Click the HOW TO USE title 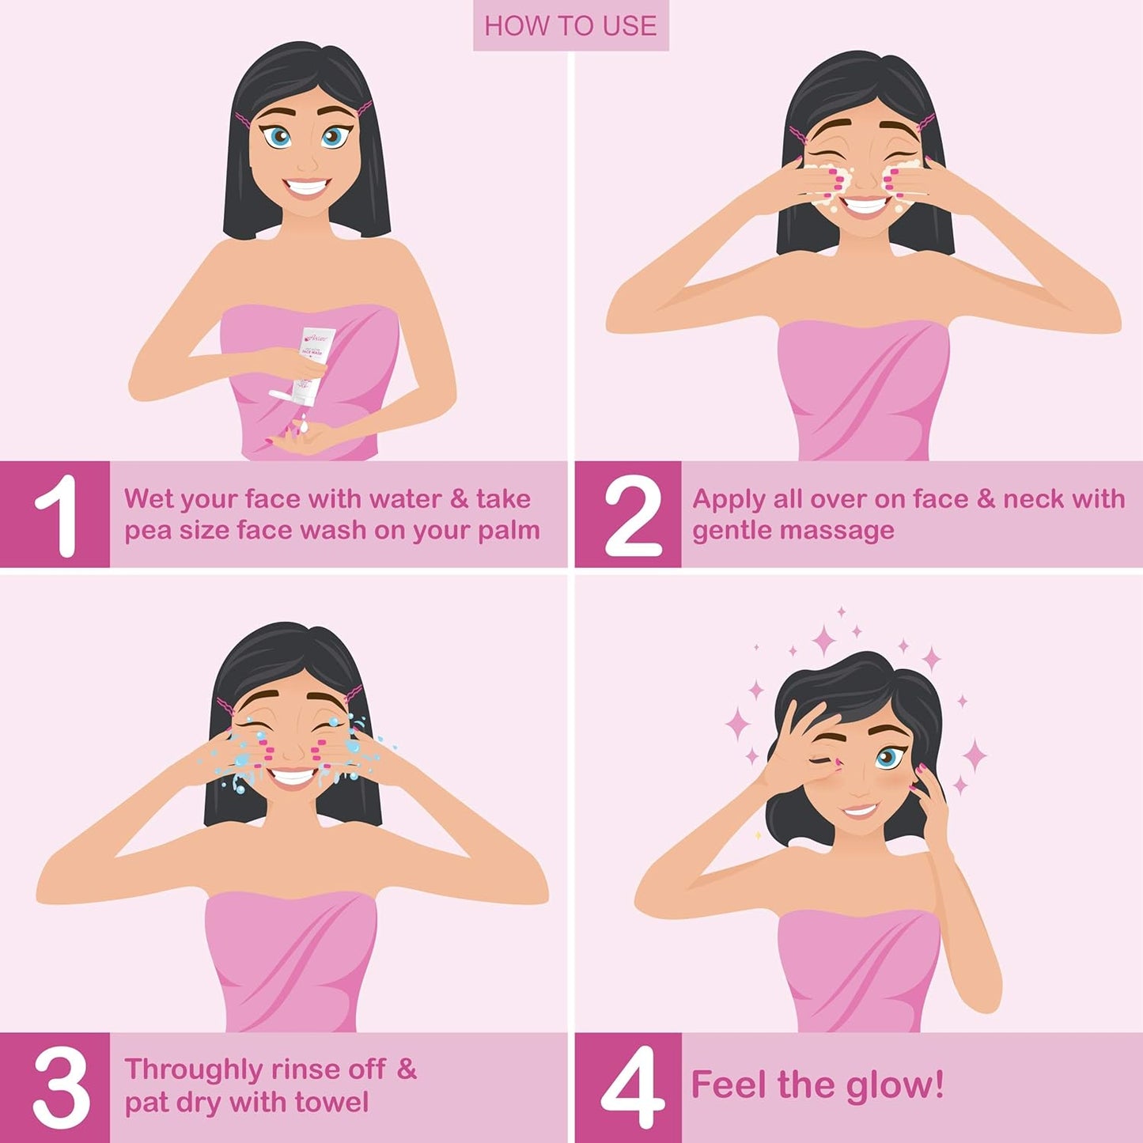[570, 26]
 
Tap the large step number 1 [57, 515]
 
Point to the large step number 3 [60, 1086]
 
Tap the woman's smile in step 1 [307, 188]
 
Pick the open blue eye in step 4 [888, 757]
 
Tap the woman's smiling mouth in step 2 [866, 205]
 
